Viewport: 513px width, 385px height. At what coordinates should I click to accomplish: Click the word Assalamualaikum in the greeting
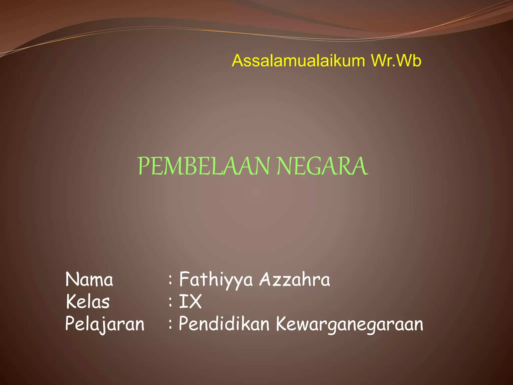pos(298,61)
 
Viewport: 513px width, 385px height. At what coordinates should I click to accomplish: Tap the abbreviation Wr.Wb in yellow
pos(396,61)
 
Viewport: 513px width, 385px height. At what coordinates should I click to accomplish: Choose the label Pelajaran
pos(105,324)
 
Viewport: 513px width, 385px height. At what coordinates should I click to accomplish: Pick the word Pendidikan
pos(224,324)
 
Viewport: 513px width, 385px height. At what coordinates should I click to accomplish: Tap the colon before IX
pos(170,302)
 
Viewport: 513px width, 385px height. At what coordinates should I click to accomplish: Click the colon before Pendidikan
pos(170,324)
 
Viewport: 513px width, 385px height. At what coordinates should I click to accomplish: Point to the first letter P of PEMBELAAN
pos(144,166)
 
